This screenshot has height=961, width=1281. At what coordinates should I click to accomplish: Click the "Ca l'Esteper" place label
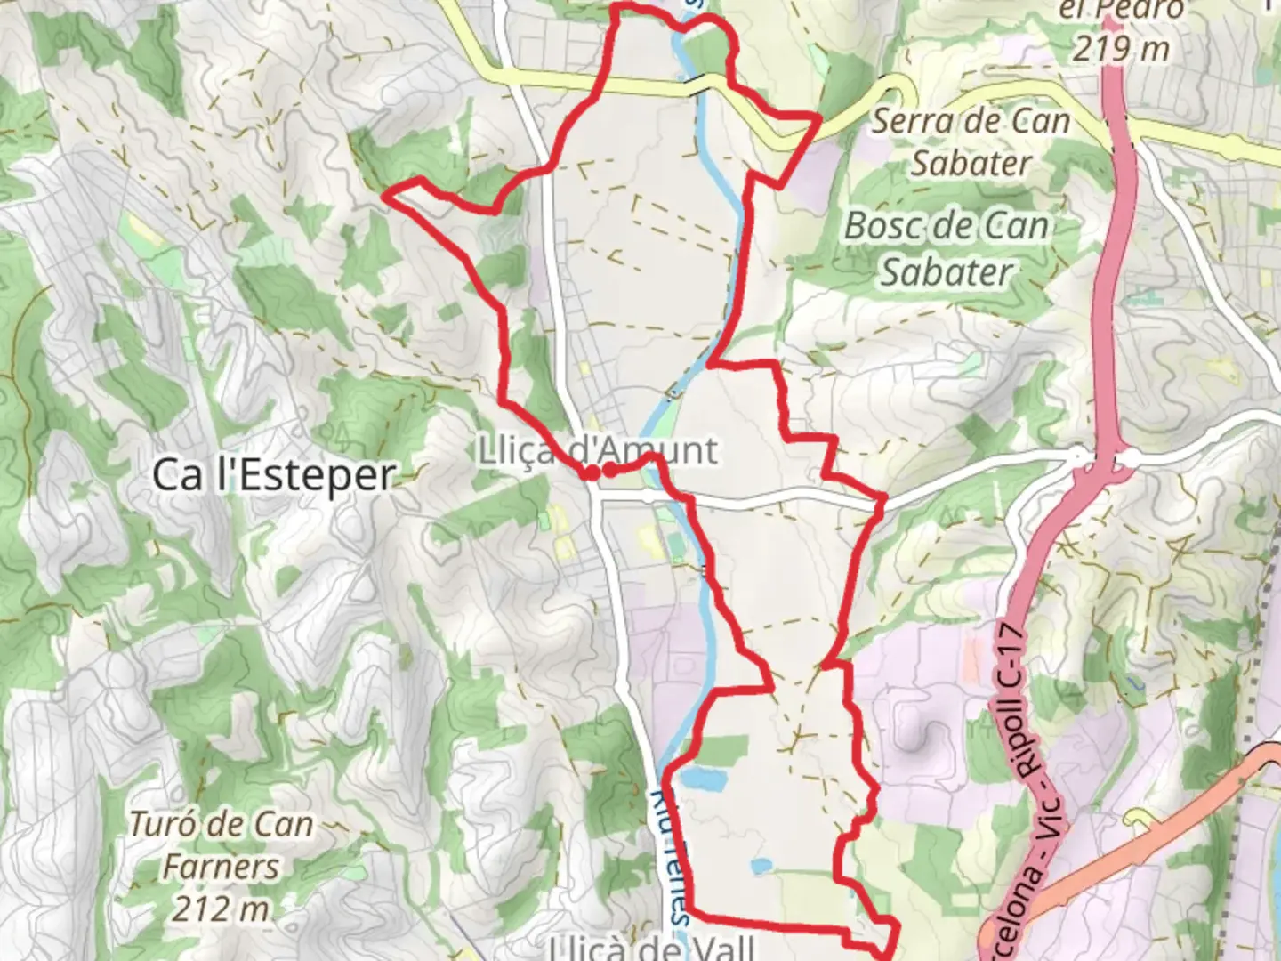tap(273, 474)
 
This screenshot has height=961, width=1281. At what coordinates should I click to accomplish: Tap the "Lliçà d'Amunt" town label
tap(598, 450)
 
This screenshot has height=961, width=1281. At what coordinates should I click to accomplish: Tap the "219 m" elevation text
tap(1120, 48)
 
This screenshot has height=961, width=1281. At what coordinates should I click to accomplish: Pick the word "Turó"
tap(163, 825)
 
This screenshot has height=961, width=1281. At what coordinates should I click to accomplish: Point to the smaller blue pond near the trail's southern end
tap(761, 865)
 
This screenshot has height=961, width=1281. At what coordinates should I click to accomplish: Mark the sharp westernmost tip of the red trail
tap(384, 191)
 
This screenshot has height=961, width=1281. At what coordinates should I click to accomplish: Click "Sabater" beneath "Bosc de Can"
tap(947, 272)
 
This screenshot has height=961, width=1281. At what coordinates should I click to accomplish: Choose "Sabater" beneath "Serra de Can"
tap(971, 164)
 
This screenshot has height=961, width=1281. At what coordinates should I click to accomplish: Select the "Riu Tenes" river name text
tap(673, 854)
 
